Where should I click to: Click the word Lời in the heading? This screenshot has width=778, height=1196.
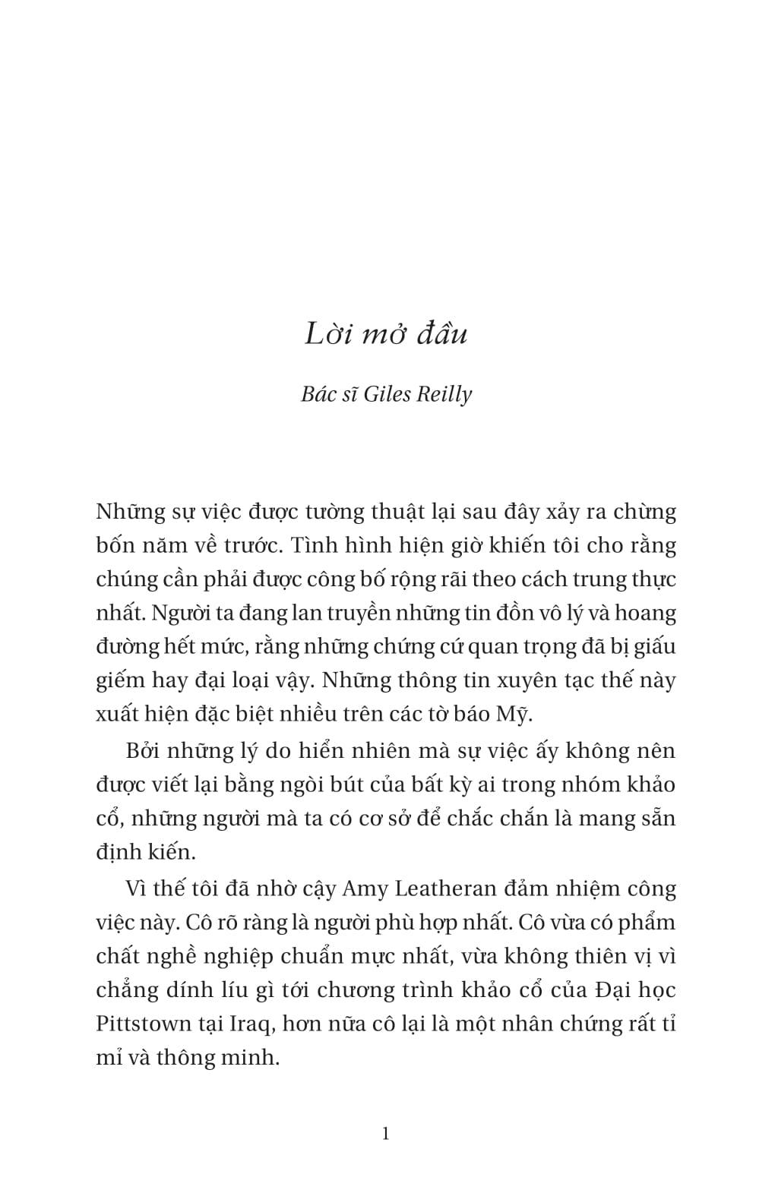pos(326,334)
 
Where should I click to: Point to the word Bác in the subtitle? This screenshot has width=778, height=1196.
pos(318,394)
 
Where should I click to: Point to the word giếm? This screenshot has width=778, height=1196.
pos(120,681)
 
